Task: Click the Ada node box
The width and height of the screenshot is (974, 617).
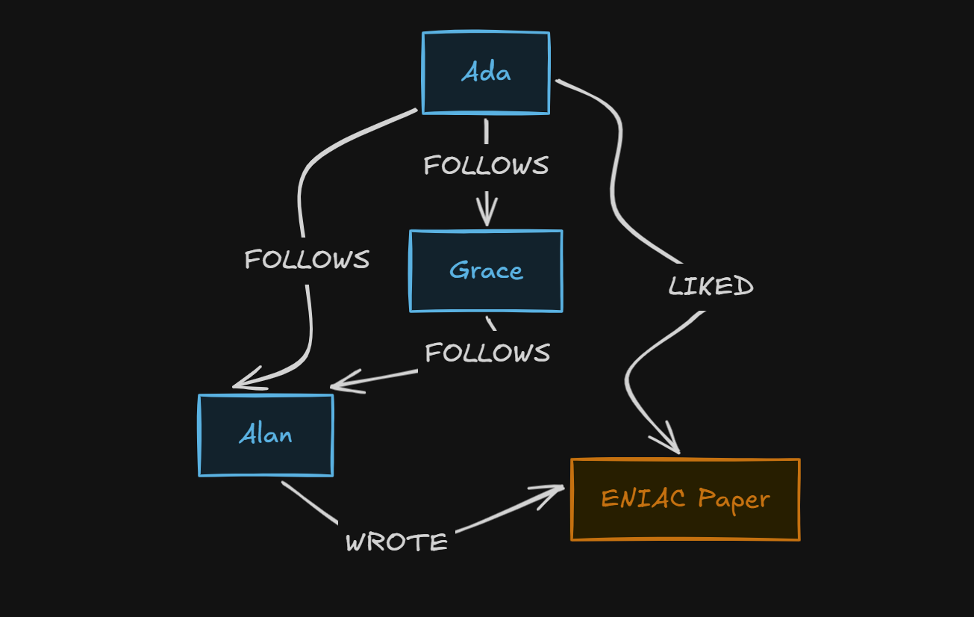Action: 486,72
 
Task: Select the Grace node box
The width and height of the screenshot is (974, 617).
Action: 486,271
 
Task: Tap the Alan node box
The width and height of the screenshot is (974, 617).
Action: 266,435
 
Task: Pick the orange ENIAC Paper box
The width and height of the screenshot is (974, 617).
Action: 685,500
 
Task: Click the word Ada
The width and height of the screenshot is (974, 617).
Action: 486,72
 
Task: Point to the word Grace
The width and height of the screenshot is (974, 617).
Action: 486,270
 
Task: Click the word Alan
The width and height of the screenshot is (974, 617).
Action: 265,434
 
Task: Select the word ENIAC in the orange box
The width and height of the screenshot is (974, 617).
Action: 643,498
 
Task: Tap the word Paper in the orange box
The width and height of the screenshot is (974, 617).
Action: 734,500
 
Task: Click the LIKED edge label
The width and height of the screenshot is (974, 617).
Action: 711,286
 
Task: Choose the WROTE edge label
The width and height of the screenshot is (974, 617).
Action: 396,542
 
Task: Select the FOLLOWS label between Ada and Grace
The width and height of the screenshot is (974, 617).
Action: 486,165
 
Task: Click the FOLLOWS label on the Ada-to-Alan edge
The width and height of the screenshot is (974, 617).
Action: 307,259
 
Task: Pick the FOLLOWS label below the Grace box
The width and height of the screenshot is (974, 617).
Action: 487,353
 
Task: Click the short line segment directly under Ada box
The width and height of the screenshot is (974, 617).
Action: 486,131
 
